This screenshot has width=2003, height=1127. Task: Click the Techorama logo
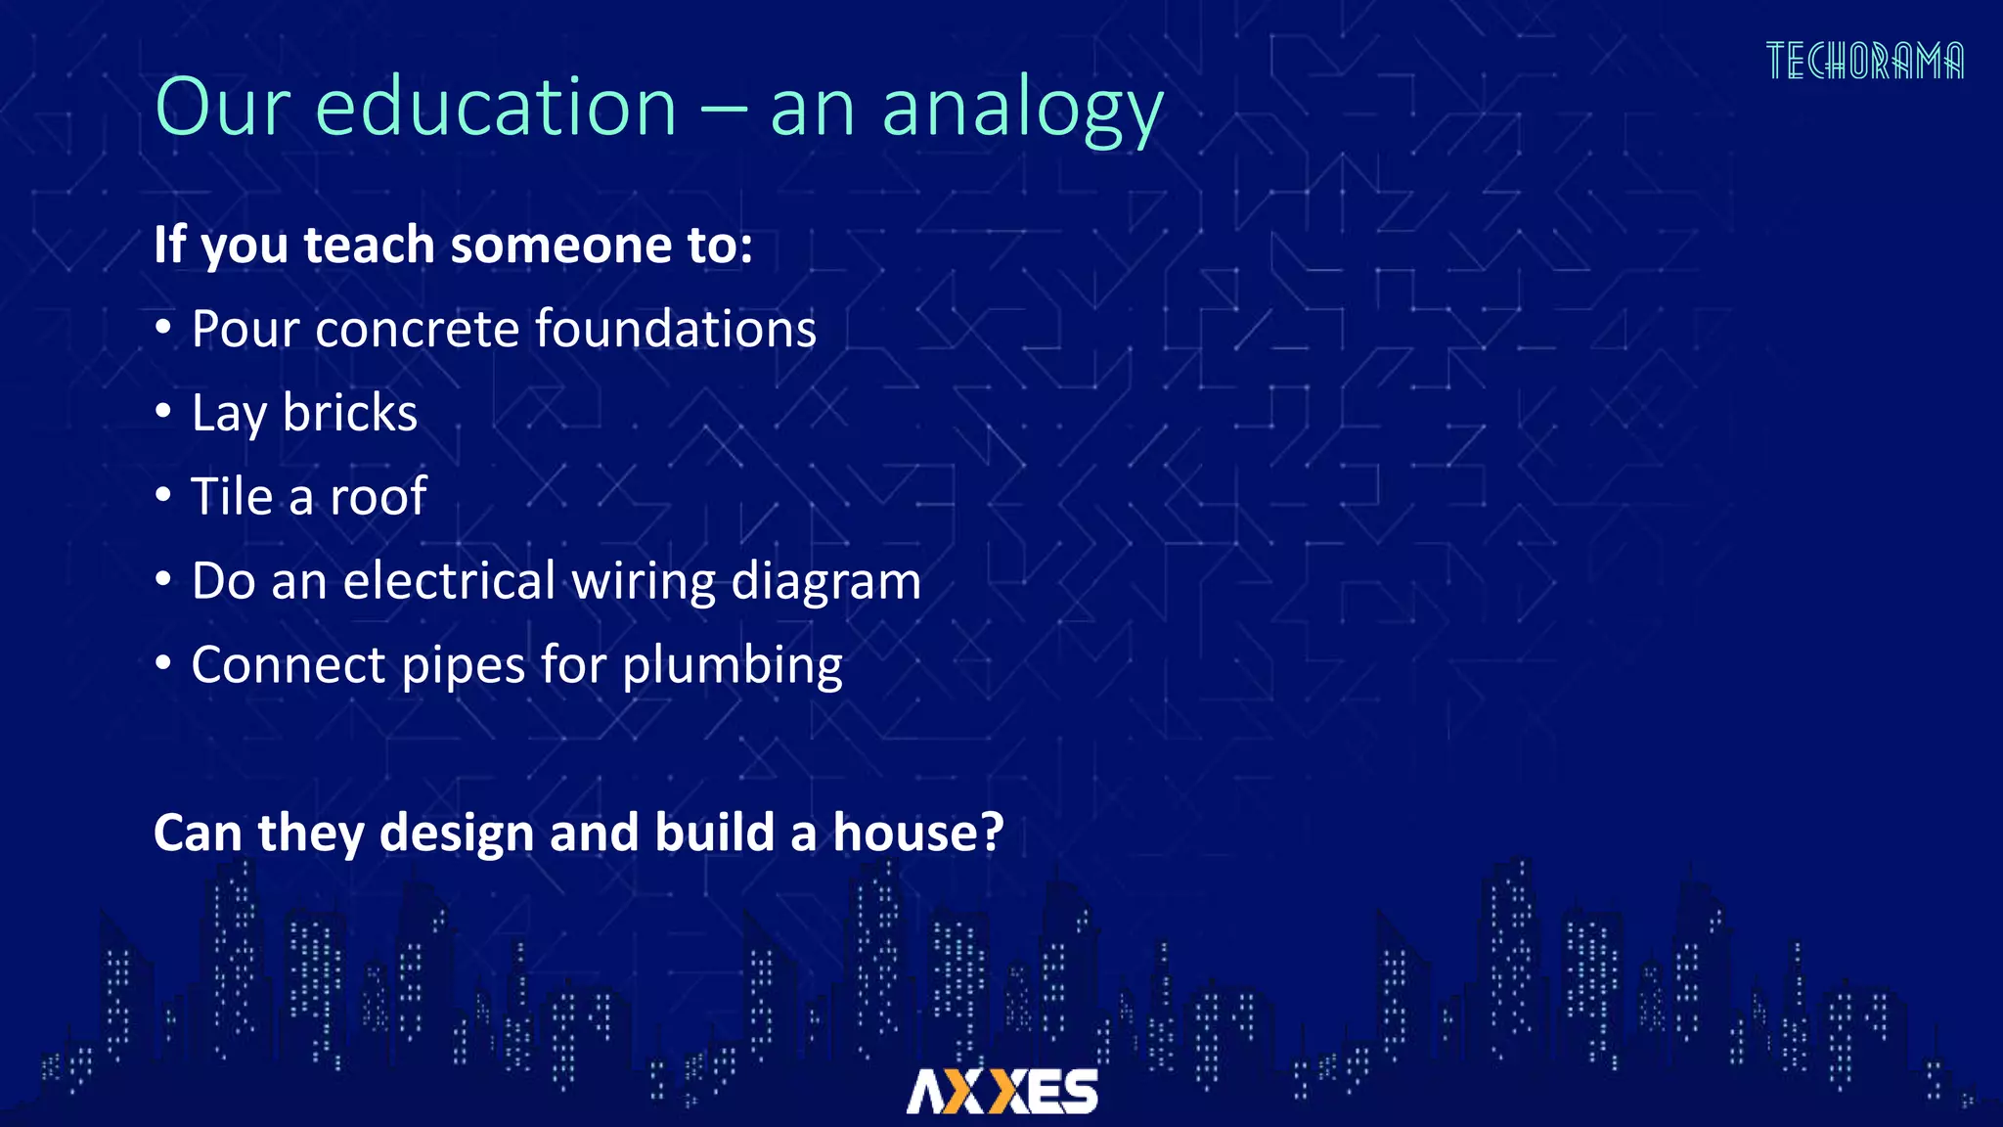[x=1864, y=61]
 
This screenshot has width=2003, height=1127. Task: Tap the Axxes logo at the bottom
[x=1001, y=1091]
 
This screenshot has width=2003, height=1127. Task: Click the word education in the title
[x=496, y=107]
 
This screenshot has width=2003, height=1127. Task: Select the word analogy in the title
[x=1022, y=111]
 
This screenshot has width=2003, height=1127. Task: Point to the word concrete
[x=418, y=330]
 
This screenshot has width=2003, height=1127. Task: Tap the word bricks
[x=349, y=413]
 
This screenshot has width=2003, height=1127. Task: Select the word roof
[x=378, y=497]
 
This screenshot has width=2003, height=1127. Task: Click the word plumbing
[x=732, y=667]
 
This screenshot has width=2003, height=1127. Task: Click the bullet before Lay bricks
[x=163, y=412]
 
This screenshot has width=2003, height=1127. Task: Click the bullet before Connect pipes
[x=163, y=664]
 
